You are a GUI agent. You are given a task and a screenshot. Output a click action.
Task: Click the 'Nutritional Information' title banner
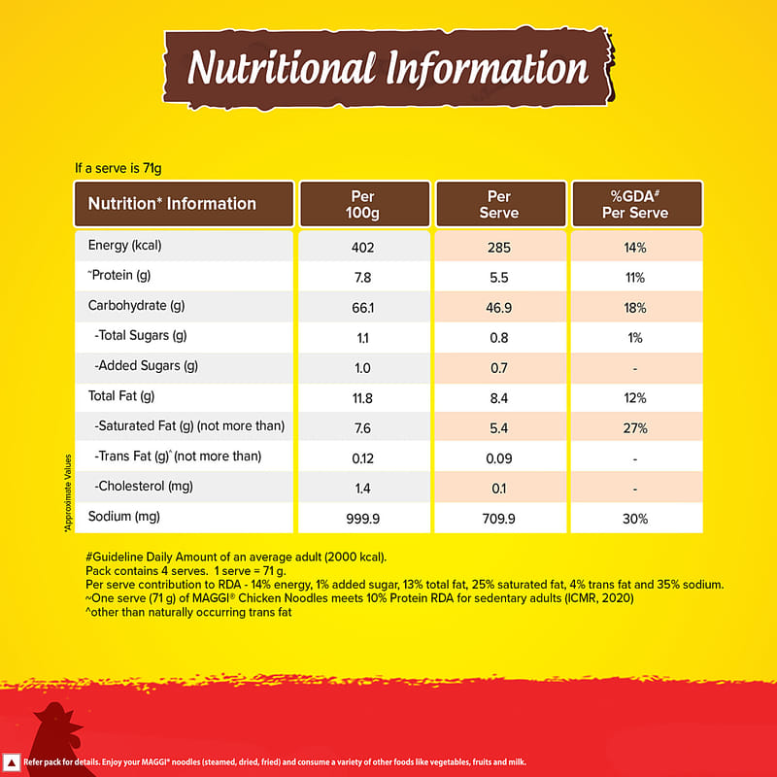click(388, 68)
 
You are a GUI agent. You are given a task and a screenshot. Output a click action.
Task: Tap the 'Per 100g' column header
click(363, 204)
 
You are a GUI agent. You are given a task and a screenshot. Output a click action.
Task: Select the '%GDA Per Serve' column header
click(637, 204)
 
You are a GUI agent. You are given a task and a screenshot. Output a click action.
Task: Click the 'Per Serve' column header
click(500, 204)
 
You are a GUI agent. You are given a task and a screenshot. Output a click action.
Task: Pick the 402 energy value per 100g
click(363, 247)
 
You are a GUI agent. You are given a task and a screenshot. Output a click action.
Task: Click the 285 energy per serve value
click(500, 247)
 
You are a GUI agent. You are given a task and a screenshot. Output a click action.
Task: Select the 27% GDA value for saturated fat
click(636, 427)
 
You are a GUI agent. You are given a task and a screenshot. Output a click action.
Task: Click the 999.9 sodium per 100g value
click(363, 518)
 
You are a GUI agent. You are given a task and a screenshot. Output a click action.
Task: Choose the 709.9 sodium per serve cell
click(500, 518)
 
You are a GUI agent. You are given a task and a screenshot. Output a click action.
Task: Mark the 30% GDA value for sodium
click(636, 518)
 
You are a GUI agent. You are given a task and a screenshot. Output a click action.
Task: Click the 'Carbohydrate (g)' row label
click(136, 307)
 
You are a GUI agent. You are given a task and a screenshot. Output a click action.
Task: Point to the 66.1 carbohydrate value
click(363, 307)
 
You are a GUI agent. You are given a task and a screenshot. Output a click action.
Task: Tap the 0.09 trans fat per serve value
click(500, 457)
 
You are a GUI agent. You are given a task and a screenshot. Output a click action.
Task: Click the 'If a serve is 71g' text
click(118, 168)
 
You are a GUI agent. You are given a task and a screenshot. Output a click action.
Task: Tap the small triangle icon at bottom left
click(12, 761)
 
